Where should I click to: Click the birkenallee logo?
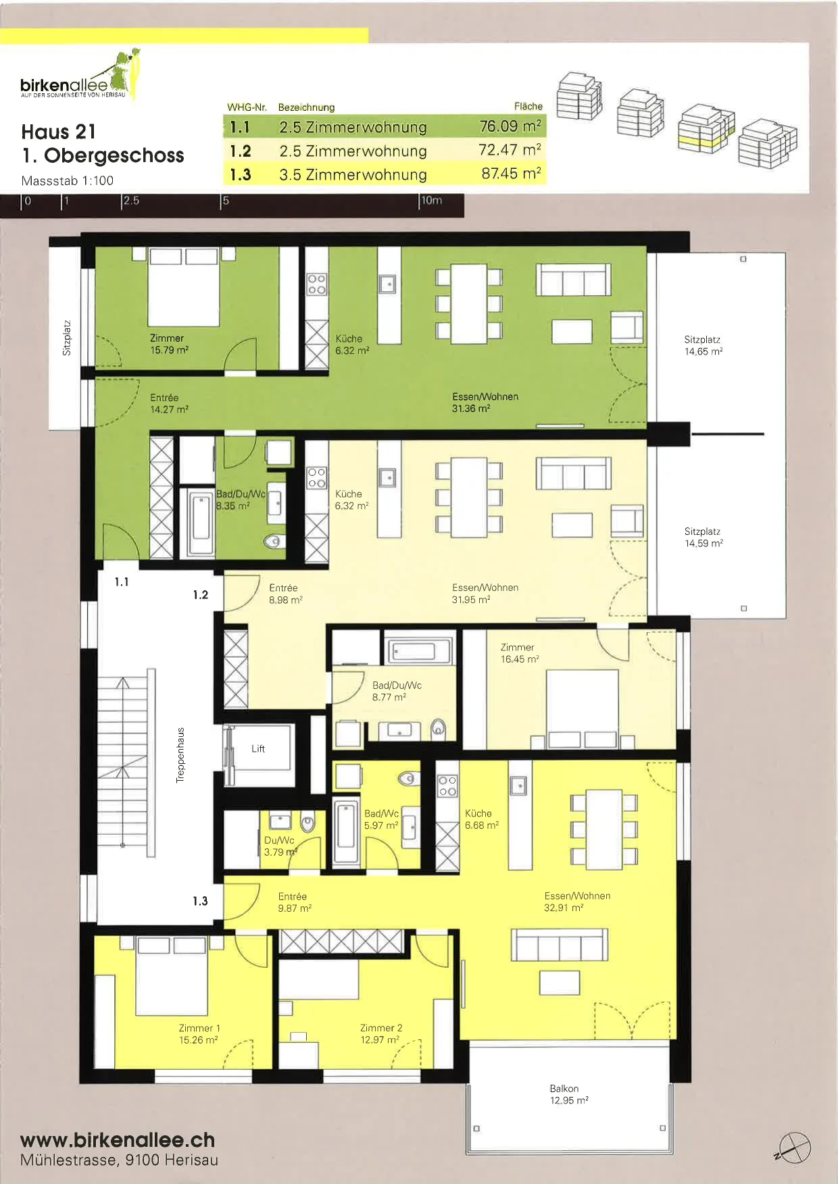point(80,75)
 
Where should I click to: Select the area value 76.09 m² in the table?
point(510,126)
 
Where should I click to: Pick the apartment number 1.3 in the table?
point(240,174)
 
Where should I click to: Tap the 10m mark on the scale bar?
point(432,201)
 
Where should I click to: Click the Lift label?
point(258,748)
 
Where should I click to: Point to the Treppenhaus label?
point(180,755)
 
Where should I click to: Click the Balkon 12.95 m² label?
point(569,1094)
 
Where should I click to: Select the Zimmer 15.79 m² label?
point(169,344)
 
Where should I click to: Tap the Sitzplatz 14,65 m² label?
point(704,345)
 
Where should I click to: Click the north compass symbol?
point(794,1147)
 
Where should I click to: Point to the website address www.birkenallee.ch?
point(118,1140)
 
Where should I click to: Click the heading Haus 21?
point(59,132)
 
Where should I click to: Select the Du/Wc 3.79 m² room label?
point(280,846)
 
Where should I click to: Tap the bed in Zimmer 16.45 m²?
point(582,709)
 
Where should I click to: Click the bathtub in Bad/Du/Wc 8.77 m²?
point(418,650)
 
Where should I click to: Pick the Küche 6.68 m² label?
point(481,819)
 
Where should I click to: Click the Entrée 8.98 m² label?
point(285,594)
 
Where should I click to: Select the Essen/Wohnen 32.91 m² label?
point(577,902)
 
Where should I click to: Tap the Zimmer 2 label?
point(381,1028)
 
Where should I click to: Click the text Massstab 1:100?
point(68,180)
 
